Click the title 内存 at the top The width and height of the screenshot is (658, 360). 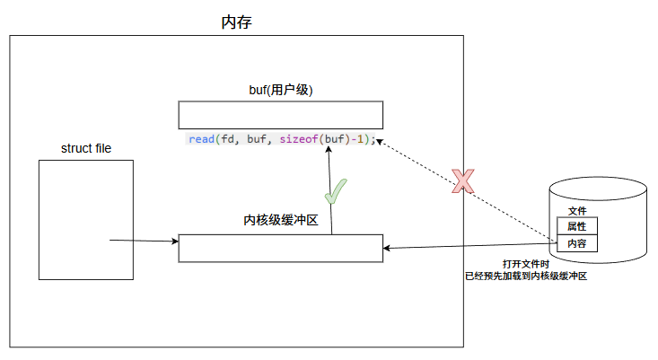point(236,22)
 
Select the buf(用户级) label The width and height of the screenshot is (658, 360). point(280,90)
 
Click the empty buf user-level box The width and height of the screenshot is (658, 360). point(280,115)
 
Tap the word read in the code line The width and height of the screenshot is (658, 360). point(202,139)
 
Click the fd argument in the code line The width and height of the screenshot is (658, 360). point(228,139)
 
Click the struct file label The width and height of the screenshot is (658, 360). point(86,147)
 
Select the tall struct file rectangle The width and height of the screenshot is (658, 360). point(86,220)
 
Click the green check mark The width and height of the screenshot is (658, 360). point(336,191)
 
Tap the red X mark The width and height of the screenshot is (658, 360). point(462,182)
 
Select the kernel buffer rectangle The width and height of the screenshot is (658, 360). point(280,248)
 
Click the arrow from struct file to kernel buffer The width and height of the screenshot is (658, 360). point(144,241)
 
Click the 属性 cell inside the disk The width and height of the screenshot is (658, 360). point(576,226)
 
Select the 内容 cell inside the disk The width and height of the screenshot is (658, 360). point(576,243)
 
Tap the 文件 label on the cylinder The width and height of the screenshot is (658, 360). point(577,211)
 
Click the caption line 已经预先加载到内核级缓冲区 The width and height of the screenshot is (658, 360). point(526,277)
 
